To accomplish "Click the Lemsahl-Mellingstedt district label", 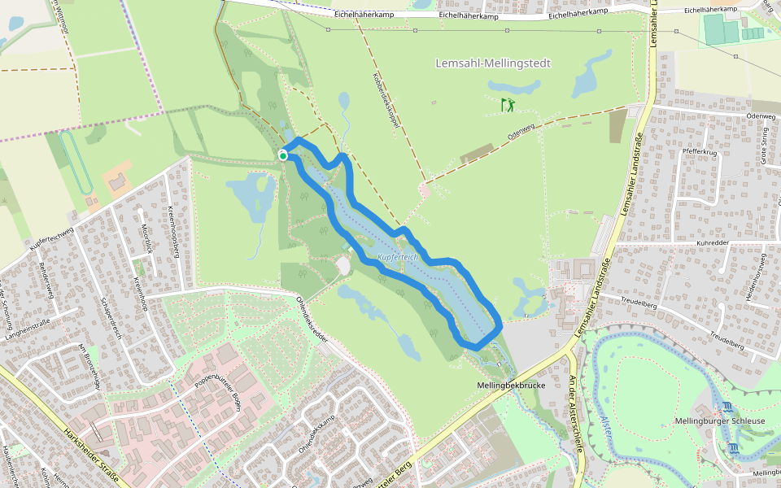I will coord(493,63).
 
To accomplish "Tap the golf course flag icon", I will coord(508,105).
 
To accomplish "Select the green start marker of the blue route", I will coord(283,155).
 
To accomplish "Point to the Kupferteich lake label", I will coord(398,258).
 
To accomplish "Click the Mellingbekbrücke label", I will coord(510,384).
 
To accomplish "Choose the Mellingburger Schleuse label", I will coord(720,420).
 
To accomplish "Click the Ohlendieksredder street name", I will coord(314,318).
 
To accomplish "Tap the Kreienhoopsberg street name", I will coord(173,232).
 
